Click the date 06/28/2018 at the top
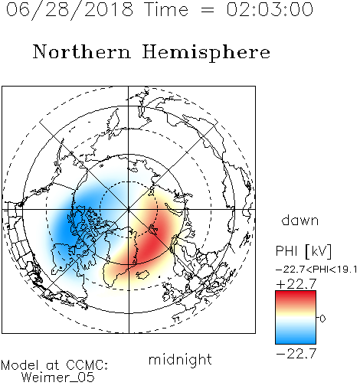click(70, 10)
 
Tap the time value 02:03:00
click(270, 9)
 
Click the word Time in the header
click(166, 9)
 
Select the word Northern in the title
click(82, 52)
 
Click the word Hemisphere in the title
click(206, 53)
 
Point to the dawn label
click(300, 221)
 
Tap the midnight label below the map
click(180, 360)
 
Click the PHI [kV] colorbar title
click(303, 251)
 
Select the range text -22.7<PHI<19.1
click(316, 270)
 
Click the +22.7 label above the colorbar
click(296, 284)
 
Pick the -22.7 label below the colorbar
click(296, 354)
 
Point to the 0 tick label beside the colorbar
click(322, 319)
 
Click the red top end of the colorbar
click(296, 293)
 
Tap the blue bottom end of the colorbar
click(296, 341)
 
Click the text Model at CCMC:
click(54, 365)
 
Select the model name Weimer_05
click(58, 378)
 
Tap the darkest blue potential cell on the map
click(67, 224)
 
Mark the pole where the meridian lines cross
click(129, 210)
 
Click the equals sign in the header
click(208, 10)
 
